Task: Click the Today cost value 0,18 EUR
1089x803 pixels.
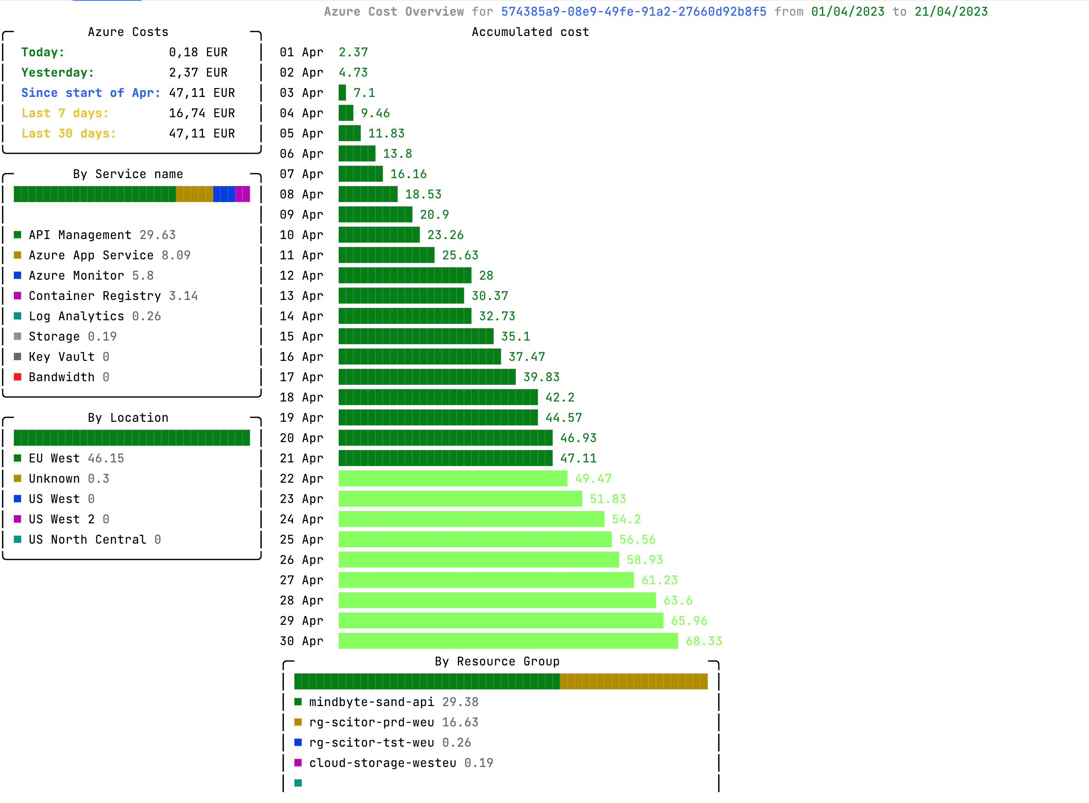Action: pyautogui.click(x=198, y=52)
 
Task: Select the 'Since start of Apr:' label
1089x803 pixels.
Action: pyautogui.click(x=90, y=93)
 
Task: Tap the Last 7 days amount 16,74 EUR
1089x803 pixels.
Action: pyautogui.click(x=201, y=113)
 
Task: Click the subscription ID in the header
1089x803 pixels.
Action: pyautogui.click(x=633, y=12)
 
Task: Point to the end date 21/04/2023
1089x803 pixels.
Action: pyautogui.click(x=951, y=12)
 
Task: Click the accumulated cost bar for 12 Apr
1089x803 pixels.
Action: pyautogui.click(x=404, y=276)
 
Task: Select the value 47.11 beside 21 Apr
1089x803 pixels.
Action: pyautogui.click(x=578, y=458)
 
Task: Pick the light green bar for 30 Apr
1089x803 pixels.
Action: pyautogui.click(x=508, y=641)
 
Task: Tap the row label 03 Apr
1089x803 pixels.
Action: pyautogui.click(x=301, y=93)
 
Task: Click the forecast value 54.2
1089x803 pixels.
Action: pyautogui.click(x=626, y=519)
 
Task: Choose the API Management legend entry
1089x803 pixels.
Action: pyautogui.click(x=80, y=235)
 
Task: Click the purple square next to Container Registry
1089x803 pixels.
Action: pyautogui.click(x=18, y=296)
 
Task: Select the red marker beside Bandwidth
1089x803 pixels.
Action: pyautogui.click(x=18, y=377)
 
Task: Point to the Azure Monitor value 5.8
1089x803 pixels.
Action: pyautogui.click(x=143, y=276)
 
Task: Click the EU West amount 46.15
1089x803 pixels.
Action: pyautogui.click(x=106, y=458)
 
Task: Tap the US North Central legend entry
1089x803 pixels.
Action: pyautogui.click(x=87, y=539)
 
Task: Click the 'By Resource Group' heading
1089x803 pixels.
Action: pyautogui.click(x=497, y=661)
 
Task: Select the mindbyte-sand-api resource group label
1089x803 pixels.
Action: pyautogui.click(x=371, y=702)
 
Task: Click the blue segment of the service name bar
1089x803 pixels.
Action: pyautogui.click(x=223, y=194)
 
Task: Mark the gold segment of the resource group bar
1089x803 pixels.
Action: pyautogui.click(x=633, y=682)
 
